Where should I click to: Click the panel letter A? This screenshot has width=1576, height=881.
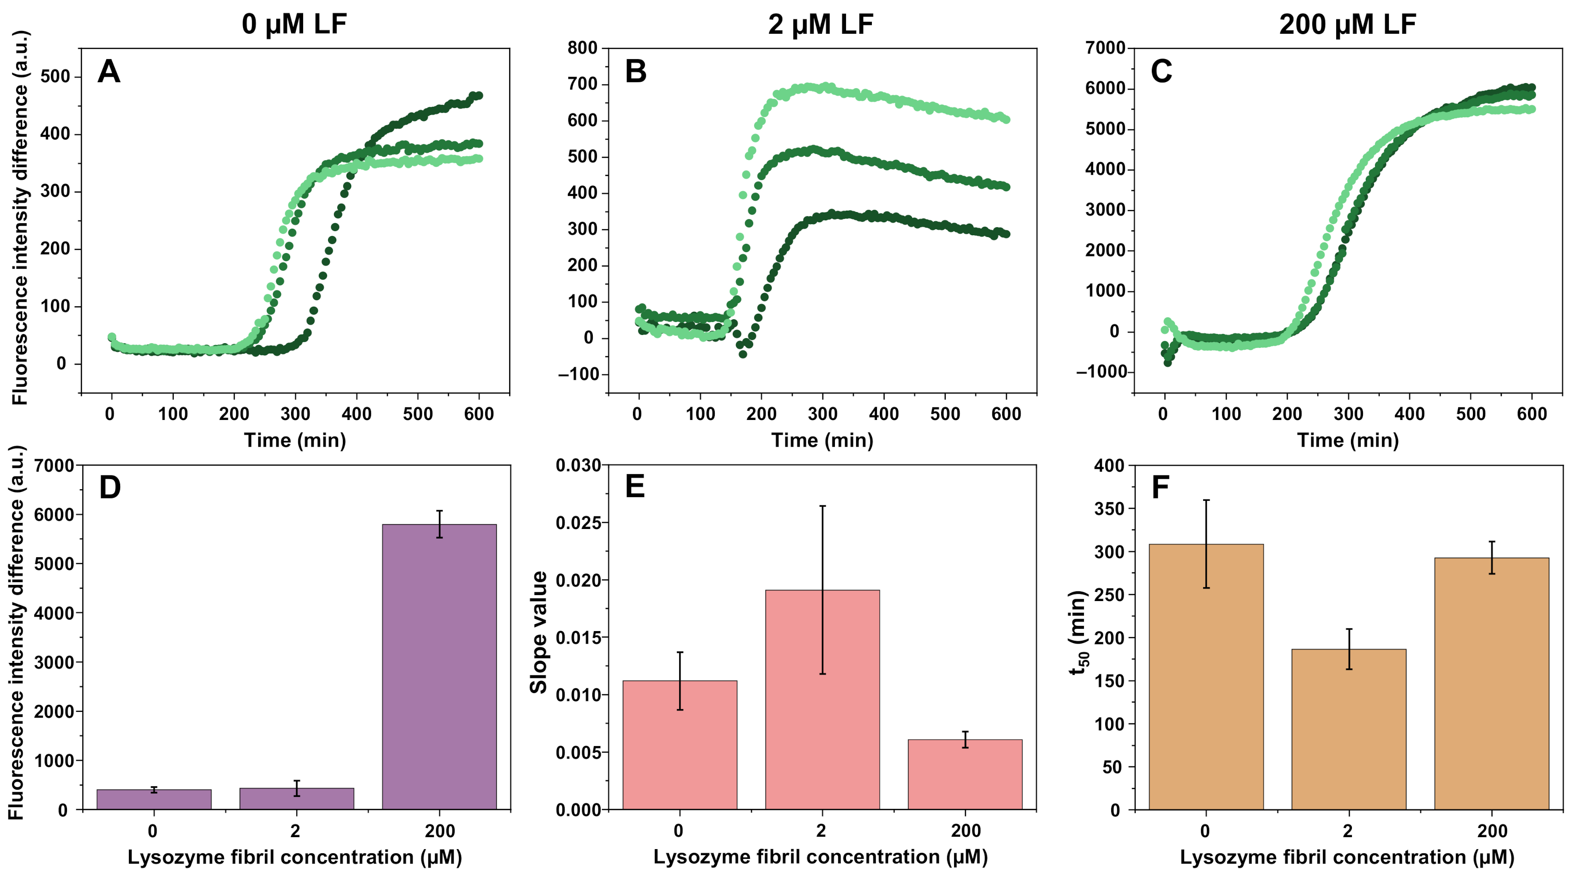(109, 72)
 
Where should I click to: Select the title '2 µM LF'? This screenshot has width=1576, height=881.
(821, 24)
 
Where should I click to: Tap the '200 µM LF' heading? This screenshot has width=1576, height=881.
(1348, 24)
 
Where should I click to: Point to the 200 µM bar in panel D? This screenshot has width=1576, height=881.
(439, 667)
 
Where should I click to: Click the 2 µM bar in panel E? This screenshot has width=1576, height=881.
(822, 700)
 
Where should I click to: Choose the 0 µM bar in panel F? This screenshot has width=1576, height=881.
(1206, 677)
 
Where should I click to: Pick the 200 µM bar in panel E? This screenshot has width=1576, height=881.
(965, 775)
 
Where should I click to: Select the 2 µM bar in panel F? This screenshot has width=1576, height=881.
(1348, 729)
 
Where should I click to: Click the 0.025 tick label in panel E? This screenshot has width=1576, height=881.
(578, 523)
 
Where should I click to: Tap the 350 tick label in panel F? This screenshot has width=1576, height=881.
(1109, 509)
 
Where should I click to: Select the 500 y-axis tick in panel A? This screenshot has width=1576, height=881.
(55, 77)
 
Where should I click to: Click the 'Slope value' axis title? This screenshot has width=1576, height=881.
(538, 632)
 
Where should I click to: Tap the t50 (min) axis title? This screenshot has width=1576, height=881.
(1078, 632)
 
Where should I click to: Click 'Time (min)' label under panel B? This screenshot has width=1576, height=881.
(821, 441)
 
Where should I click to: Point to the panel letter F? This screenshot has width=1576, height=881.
(1160, 487)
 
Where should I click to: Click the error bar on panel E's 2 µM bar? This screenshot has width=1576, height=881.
(822, 590)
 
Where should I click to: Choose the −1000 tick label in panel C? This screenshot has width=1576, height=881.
(1101, 372)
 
